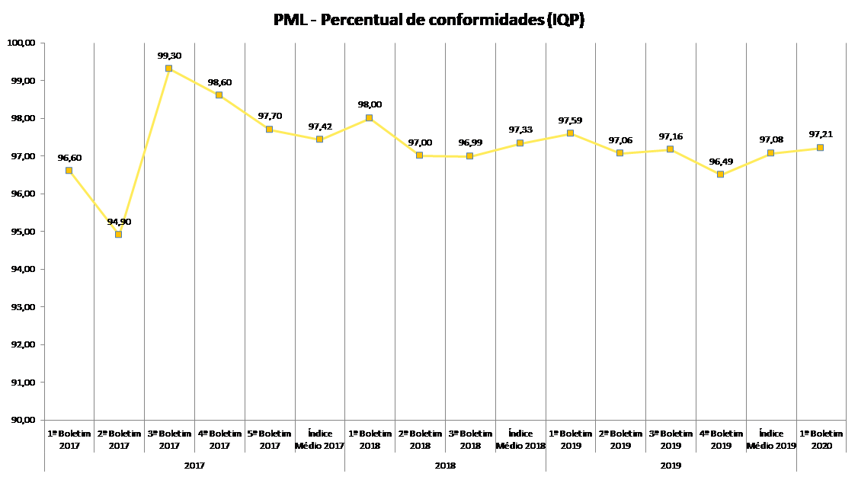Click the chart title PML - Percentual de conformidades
point(429,20)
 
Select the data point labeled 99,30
point(168,69)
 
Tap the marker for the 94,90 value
point(118,234)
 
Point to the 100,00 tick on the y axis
point(23,43)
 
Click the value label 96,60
point(69,158)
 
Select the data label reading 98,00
point(370,105)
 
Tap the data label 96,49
point(720,162)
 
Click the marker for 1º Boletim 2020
point(820,148)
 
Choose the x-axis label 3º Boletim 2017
point(169,439)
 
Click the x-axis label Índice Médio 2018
point(520,439)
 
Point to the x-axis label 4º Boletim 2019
point(721,439)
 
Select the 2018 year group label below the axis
point(445,464)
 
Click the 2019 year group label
point(671,464)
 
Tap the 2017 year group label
point(194,464)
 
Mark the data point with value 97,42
point(319,139)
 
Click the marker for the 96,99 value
point(469,155)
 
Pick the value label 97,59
point(571,120)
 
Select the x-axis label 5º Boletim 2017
point(270,439)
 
